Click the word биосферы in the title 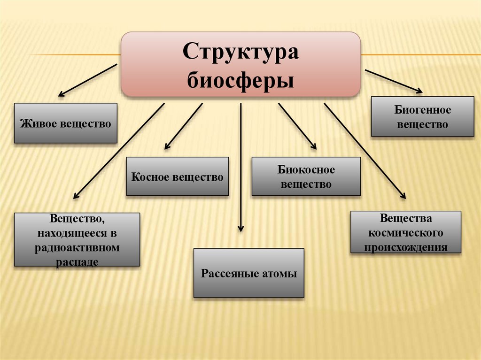click(x=240, y=80)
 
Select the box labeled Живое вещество click(x=65, y=123)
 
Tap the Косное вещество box click(x=177, y=176)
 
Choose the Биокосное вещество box click(x=306, y=176)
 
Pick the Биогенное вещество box click(x=422, y=117)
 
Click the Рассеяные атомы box click(x=248, y=273)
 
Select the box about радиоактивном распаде click(x=77, y=240)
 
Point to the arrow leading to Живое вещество click(x=87, y=80)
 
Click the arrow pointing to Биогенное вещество click(x=394, y=81)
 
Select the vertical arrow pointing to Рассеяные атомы click(x=240, y=167)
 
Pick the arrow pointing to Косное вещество click(x=184, y=126)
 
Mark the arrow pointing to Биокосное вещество click(x=297, y=126)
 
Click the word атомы click(x=279, y=274)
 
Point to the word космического click(x=406, y=233)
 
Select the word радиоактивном click(x=77, y=247)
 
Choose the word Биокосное click(x=306, y=170)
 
